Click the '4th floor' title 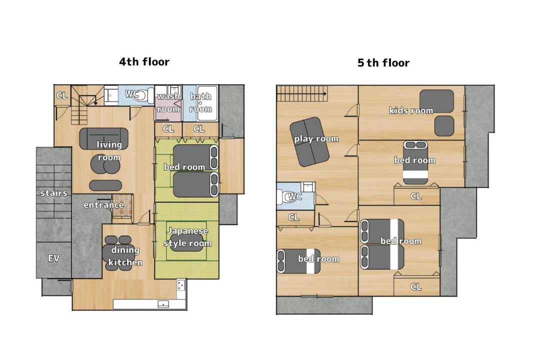point(144,62)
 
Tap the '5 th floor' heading point(383,62)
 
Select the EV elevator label point(53,258)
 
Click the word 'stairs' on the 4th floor point(53,193)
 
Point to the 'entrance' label point(103,205)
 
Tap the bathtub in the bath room point(207,103)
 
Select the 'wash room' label point(168,102)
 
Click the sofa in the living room point(103,138)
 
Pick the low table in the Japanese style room point(186,242)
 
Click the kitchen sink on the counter point(163,304)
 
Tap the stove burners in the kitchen point(181,285)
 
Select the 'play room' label point(316,139)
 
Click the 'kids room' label point(411,110)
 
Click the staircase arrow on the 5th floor point(301,93)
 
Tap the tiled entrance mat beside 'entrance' point(122,206)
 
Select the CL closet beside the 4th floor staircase point(62,95)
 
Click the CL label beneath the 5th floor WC point(294,217)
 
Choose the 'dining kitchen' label point(125,256)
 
